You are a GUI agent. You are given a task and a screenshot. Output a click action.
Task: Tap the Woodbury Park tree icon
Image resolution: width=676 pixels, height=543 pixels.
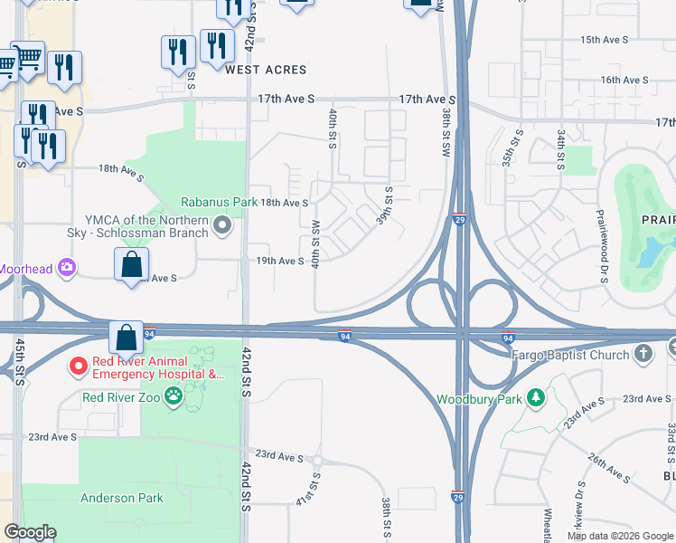[x=536, y=397]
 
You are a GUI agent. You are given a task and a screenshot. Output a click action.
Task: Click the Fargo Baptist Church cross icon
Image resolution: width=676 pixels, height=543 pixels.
[x=643, y=353]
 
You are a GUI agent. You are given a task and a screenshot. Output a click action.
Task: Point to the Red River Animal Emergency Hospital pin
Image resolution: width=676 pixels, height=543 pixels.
[x=78, y=367]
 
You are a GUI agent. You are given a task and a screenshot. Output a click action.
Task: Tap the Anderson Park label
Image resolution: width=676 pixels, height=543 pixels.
[x=121, y=498]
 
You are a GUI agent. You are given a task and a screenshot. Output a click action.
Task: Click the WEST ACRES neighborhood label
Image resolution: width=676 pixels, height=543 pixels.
[x=266, y=70]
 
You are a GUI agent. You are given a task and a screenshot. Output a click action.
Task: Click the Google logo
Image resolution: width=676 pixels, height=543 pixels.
[x=30, y=532]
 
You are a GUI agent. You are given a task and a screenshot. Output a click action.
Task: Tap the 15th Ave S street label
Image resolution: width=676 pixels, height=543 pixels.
[x=604, y=41]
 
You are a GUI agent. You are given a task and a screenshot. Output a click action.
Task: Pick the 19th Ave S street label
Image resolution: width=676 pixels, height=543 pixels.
[x=280, y=261]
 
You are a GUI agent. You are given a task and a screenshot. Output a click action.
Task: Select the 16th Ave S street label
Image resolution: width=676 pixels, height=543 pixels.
[x=624, y=80]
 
